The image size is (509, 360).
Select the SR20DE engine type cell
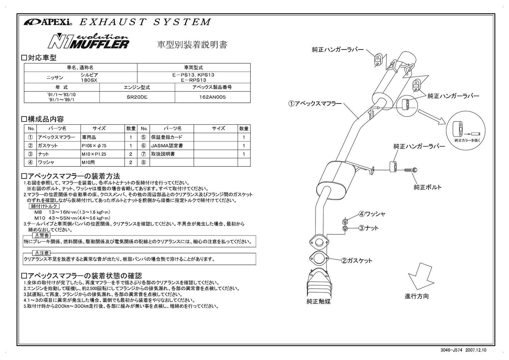point(137,97)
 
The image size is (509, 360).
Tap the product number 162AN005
point(213,97)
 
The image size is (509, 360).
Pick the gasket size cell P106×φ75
point(94,145)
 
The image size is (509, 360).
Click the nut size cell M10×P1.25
point(94,154)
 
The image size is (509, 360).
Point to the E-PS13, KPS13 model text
point(193,75)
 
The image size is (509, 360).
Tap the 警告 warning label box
point(42,236)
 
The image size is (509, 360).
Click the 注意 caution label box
point(42,253)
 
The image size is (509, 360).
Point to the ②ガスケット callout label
point(357,261)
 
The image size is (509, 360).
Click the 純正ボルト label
point(428,187)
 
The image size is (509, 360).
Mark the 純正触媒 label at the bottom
point(318,301)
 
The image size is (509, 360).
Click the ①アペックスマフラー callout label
point(315,103)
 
